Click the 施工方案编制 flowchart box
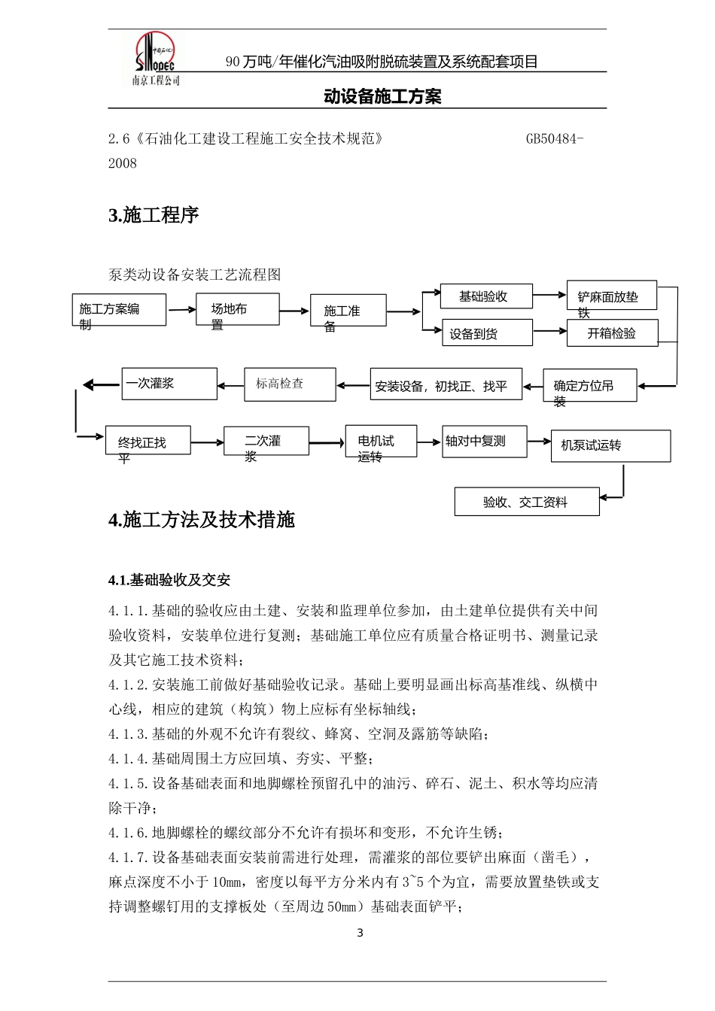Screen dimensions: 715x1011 click(119, 309)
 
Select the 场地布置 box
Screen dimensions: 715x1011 click(237, 309)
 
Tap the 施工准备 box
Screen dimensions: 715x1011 click(348, 310)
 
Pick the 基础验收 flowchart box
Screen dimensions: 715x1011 click(486, 296)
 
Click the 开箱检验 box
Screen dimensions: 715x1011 click(613, 333)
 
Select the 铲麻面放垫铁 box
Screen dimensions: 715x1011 click(612, 296)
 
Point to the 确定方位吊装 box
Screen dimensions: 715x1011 click(589, 385)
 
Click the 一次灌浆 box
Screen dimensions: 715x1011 click(169, 384)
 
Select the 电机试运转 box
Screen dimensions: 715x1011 click(381, 441)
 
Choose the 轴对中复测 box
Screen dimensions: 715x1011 click(484, 442)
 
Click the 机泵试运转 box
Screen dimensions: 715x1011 click(610, 445)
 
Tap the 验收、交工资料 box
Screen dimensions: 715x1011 click(527, 502)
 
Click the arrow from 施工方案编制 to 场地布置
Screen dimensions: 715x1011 click(181, 309)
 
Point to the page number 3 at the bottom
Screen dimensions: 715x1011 click(359, 934)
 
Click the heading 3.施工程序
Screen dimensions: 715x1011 click(154, 215)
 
